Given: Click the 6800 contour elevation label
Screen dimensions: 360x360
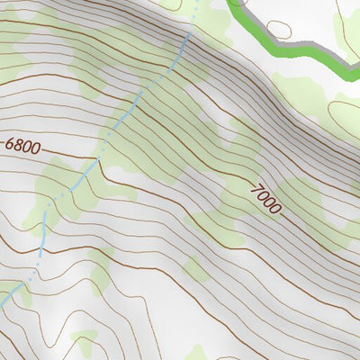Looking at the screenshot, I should point(22,144).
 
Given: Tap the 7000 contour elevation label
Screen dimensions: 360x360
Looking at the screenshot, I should point(266,197).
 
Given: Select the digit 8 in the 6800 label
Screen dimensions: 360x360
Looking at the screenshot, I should point(18,144).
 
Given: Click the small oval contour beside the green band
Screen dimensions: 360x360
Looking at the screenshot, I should point(280,26).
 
